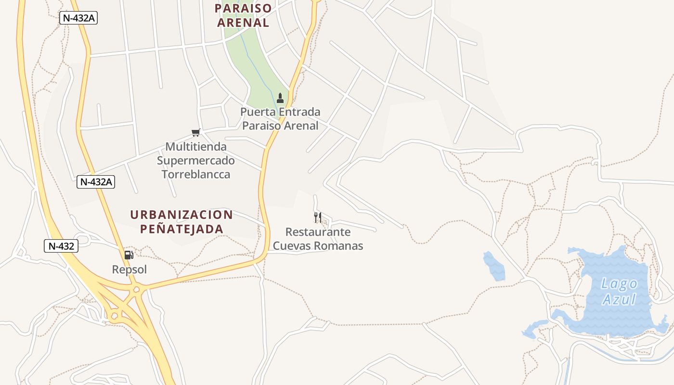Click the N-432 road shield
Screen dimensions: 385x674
click(61, 246)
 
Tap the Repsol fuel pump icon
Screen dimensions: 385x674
click(129, 255)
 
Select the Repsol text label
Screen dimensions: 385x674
click(129, 269)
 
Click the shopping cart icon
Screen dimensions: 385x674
click(195, 132)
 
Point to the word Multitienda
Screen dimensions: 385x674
click(195, 146)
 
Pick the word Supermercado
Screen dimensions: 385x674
click(195, 160)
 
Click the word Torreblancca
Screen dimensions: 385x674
click(195, 174)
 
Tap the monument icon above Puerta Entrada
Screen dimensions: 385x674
click(280, 98)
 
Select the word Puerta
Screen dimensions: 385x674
click(259, 112)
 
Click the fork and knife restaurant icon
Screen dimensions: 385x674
click(317, 218)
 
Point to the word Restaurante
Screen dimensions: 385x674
click(318, 232)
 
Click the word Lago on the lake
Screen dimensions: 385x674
click(620, 284)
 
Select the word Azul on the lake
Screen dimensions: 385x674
click(620, 300)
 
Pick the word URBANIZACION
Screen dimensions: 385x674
click(181, 215)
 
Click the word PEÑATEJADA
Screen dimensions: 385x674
click(181, 229)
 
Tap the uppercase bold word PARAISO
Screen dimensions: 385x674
click(243, 8)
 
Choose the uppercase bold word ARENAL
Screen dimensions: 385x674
click(243, 23)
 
